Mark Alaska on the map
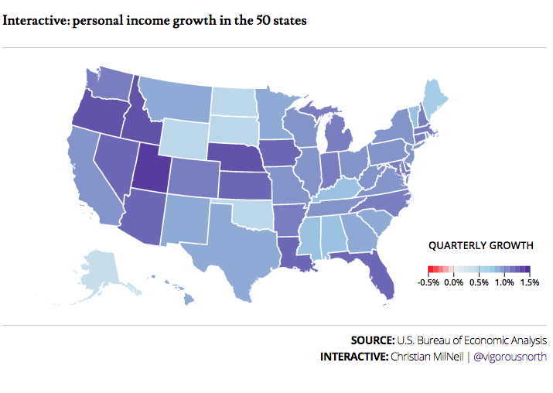point(101,268)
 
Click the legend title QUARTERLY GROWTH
point(481,246)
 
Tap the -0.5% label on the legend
point(428,283)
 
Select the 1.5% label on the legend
point(529,283)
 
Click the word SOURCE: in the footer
point(372,340)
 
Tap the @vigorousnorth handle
point(510,357)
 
